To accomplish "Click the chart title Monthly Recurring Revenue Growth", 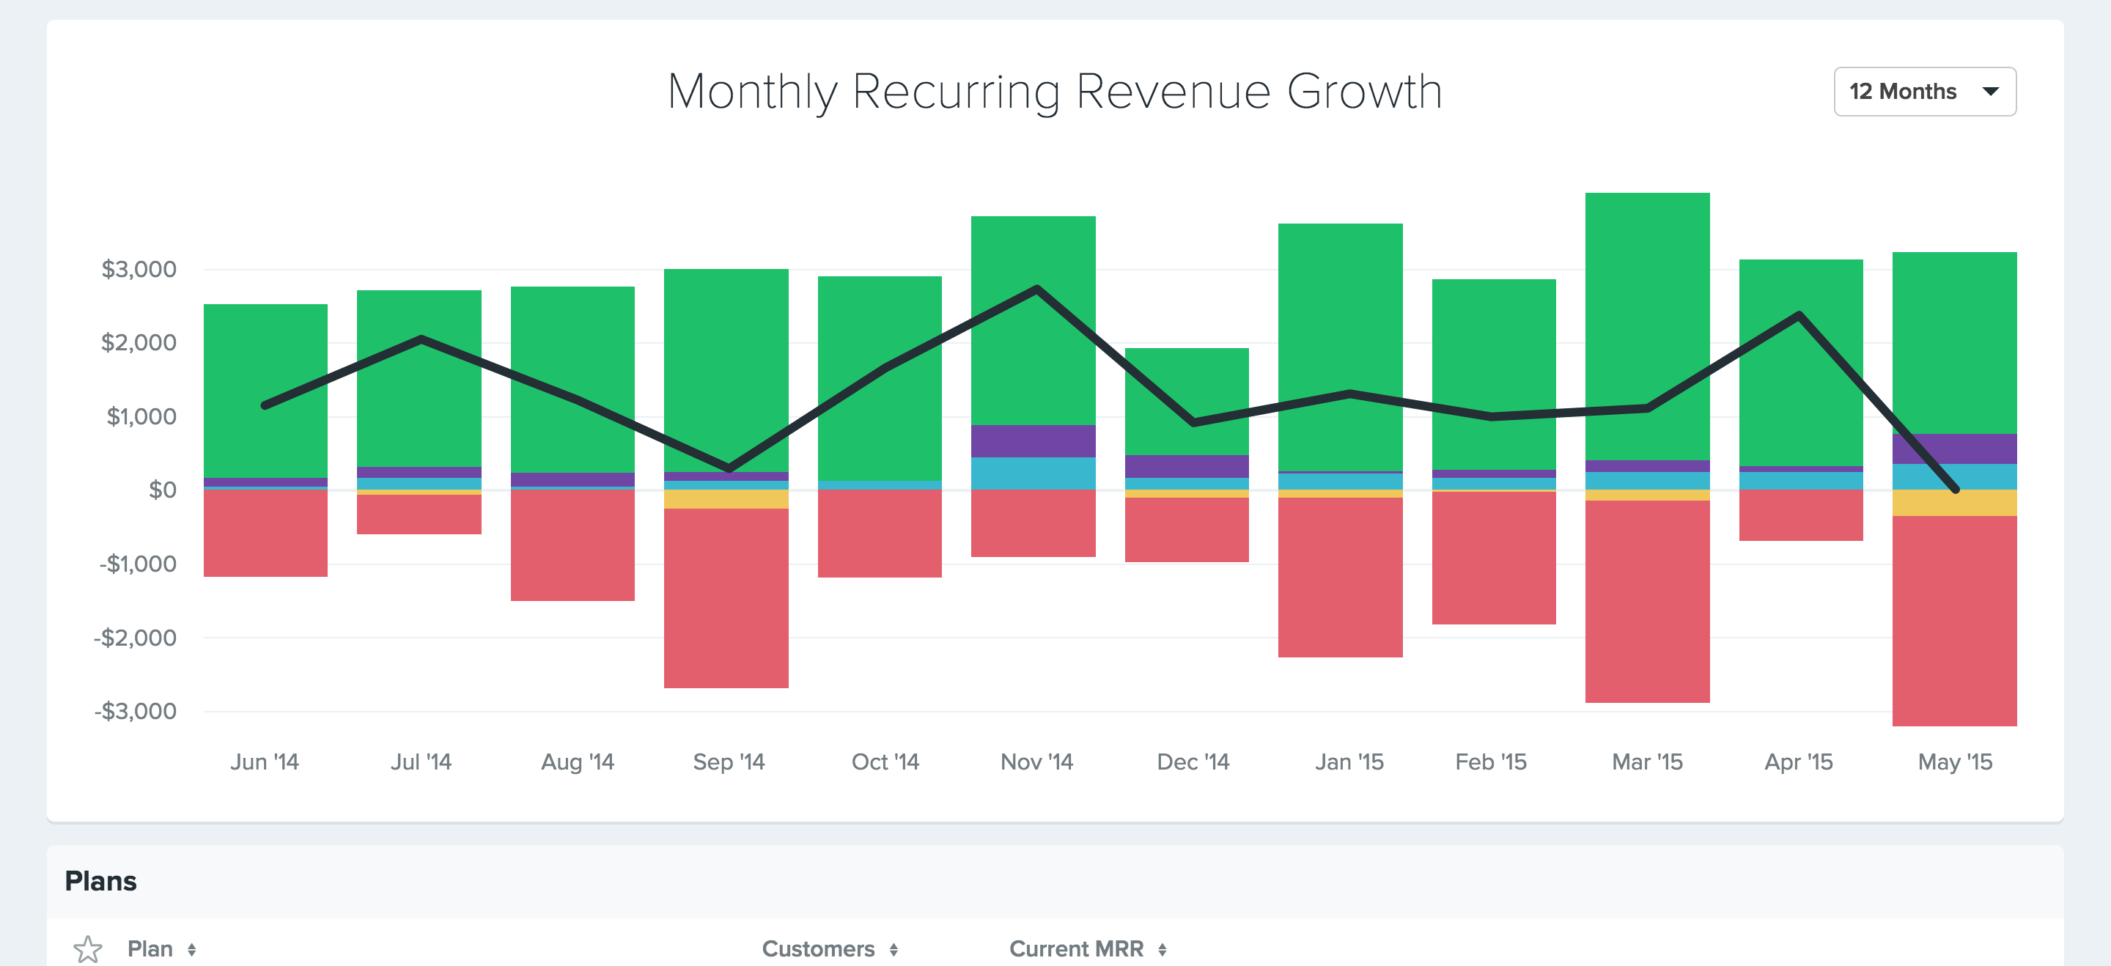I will [x=1055, y=92].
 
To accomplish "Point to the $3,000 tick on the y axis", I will [x=139, y=270].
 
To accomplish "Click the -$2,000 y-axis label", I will [x=135, y=638].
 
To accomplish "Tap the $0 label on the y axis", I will [x=162, y=490].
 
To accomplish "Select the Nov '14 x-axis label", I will [x=1036, y=762].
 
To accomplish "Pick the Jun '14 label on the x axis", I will [x=264, y=762].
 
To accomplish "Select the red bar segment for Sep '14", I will [x=726, y=598].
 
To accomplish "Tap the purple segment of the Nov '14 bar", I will [x=1033, y=440].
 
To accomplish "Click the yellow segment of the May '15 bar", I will [x=1953, y=503].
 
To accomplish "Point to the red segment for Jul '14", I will [x=419, y=515].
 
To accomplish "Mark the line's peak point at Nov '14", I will [x=1036, y=288].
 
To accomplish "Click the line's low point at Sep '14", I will [x=729, y=468].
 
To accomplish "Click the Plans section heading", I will [x=101, y=881].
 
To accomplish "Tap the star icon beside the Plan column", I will [x=88, y=949].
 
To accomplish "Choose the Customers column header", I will [x=818, y=949].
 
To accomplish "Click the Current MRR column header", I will [x=1076, y=949].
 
